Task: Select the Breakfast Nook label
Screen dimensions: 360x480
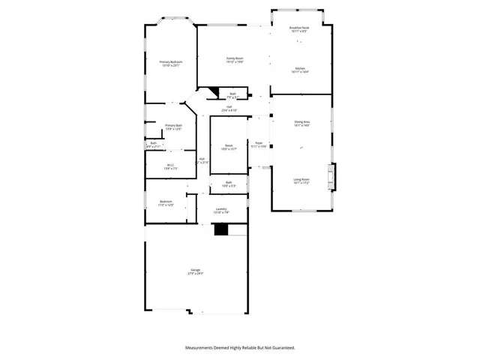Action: click(x=300, y=28)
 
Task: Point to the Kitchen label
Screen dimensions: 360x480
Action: click(x=300, y=68)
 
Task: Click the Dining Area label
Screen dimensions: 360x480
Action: click(x=301, y=123)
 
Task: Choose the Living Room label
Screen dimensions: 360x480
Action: click(x=301, y=180)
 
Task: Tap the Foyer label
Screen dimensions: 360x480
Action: click(x=259, y=143)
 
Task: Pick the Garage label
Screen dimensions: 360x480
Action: click(x=196, y=271)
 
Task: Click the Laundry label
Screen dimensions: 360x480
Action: click(x=221, y=210)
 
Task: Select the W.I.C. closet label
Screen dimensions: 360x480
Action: click(x=170, y=166)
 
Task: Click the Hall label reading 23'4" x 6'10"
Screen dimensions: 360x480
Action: click(x=229, y=108)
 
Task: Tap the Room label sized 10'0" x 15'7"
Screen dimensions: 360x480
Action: click(x=229, y=146)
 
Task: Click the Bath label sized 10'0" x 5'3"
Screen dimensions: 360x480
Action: click(x=229, y=183)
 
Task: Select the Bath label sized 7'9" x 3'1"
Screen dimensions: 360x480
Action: click(x=233, y=94)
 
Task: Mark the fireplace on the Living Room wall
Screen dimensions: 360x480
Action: click(x=335, y=177)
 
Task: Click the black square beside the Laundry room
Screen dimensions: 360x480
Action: click(x=220, y=230)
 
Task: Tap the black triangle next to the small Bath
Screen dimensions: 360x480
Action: click(x=212, y=94)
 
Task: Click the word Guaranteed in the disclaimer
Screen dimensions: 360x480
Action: click(x=280, y=348)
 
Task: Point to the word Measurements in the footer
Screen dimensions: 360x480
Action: click(x=202, y=348)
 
